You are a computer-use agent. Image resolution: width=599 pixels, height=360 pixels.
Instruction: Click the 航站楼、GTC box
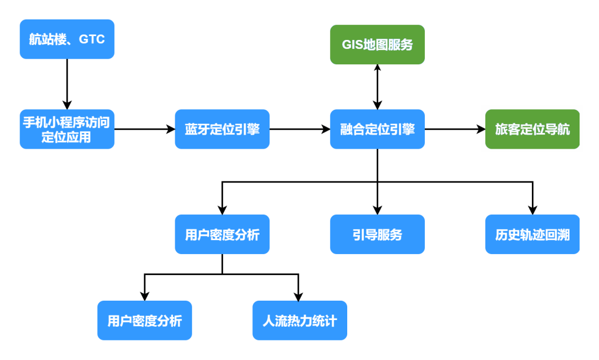(x=67, y=39)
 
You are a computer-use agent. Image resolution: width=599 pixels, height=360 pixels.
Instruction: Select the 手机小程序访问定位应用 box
(x=67, y=129)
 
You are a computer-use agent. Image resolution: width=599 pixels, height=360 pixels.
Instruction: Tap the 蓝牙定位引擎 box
(x=222, y=129)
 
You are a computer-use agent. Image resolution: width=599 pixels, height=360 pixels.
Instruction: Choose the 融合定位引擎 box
(x=377, y=129)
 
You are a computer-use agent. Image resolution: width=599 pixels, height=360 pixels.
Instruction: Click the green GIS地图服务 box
(x=377, y=45)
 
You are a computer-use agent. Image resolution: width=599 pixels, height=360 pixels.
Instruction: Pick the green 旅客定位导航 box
(x=532, y=129)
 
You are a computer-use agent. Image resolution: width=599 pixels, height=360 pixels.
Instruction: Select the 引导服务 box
(x=377, y=235)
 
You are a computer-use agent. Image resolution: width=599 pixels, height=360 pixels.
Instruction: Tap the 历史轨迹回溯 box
(x=532, y=235)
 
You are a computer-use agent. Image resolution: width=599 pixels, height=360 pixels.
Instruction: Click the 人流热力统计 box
(x=299, y=321)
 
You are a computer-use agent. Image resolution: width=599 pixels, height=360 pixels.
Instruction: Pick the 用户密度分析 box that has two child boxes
(x=222, y=235)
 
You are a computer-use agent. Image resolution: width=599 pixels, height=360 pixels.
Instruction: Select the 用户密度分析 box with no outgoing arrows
(x=144, y=321)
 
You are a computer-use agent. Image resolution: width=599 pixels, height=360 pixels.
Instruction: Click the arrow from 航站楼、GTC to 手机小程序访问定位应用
(x=67, y=83)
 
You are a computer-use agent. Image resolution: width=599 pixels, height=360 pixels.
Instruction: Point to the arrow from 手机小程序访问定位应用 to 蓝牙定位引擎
(x=144, y=129)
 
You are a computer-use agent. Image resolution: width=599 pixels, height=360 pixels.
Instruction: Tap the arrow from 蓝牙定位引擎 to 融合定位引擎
(x=299, y=129)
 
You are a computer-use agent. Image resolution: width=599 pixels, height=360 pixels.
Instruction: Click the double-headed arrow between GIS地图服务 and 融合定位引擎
(x=377, y=87)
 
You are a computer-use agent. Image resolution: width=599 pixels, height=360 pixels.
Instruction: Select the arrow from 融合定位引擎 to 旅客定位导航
(x=455, y=129)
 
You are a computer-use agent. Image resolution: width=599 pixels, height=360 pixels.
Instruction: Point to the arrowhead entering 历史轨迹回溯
(x=532, y=210)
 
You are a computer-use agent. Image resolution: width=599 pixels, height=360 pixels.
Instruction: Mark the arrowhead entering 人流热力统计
(x=299, y=296)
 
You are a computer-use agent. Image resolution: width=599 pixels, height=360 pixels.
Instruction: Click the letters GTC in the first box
(x=92, y=40)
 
